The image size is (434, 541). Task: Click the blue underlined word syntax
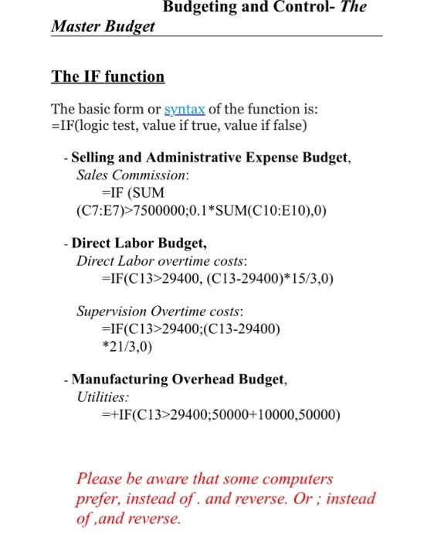(x=185, y=107)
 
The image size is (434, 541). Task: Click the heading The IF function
(x=107, y=77)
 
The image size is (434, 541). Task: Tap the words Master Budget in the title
(x=103, y=26)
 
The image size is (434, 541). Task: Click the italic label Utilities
(x=103, y=397)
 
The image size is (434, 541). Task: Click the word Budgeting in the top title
(x=203, y=7)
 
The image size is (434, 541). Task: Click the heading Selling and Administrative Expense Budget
(x=211, y=158)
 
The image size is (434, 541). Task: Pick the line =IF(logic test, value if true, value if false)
(x=179, y=124)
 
